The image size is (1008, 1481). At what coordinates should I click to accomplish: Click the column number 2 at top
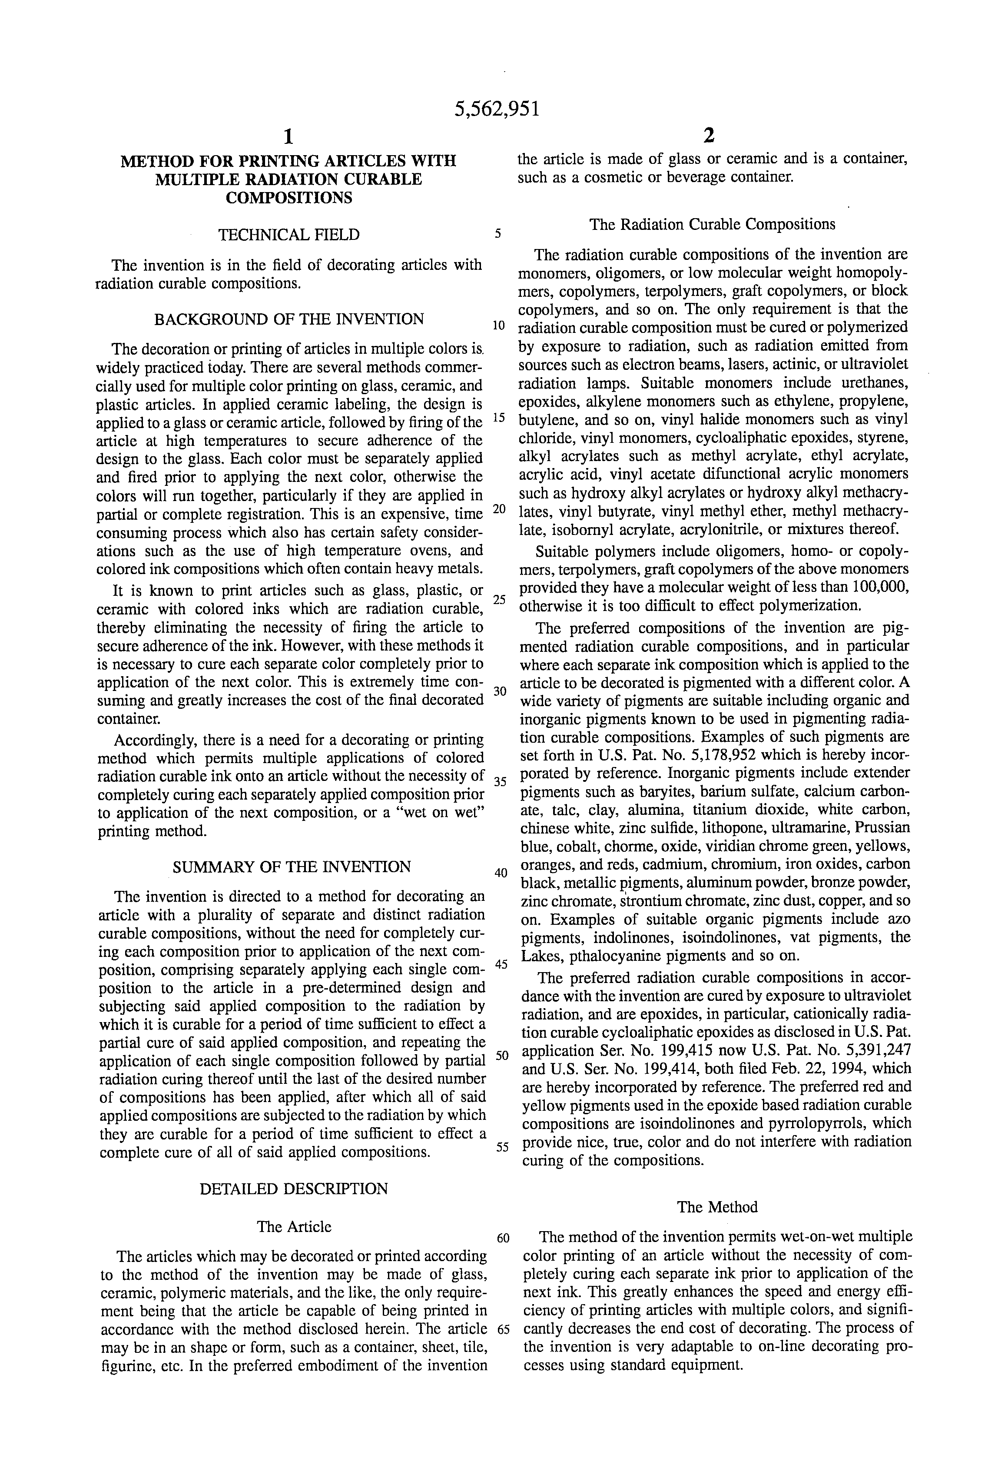point(709,136)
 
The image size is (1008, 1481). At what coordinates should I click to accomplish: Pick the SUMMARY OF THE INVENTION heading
point(292,867)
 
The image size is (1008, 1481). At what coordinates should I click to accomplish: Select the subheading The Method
point(717,1207)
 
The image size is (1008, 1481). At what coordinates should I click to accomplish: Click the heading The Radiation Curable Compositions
point(713,224)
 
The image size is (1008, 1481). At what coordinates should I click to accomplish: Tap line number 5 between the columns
point(498,234)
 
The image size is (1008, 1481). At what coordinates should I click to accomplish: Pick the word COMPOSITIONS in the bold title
point(288,198)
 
